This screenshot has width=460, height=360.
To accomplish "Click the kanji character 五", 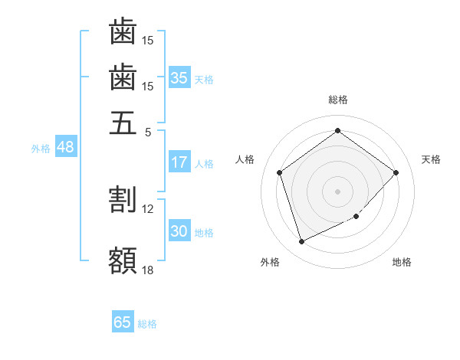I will [x=123, y=123].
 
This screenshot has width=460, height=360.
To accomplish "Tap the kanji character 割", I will [x=123, y=199].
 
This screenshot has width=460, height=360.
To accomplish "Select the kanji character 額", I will [x=123, y=260].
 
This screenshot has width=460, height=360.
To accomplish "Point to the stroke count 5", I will [x=148, y=131].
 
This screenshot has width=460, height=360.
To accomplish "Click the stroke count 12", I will [x=148, y=208].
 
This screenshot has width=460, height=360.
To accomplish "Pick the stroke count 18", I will [x=148, y=269].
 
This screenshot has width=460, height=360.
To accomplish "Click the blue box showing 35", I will [x=179, y=78].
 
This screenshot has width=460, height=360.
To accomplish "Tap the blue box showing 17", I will [x=179, y=162].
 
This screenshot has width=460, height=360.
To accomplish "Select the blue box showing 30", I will [x=179, y=231].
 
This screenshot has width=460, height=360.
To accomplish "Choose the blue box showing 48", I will [x=65, y=147].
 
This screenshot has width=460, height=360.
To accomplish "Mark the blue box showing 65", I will [x=123, y=322].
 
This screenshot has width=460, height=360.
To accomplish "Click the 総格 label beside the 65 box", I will [x=147, y=324].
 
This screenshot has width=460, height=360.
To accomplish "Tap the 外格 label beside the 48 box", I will [x=41, y=149].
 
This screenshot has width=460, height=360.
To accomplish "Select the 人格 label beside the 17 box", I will [x=204, y=164].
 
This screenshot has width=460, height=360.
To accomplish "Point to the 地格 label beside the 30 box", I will [x=204, y=233].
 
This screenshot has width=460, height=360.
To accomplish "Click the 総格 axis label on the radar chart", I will [x=337, y=100].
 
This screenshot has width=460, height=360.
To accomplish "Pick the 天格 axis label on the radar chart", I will [x=431, y=159].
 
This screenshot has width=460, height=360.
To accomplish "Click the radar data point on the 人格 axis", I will [x=280, y=172].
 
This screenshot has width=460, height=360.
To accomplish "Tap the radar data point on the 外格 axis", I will [x=301, y=242].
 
